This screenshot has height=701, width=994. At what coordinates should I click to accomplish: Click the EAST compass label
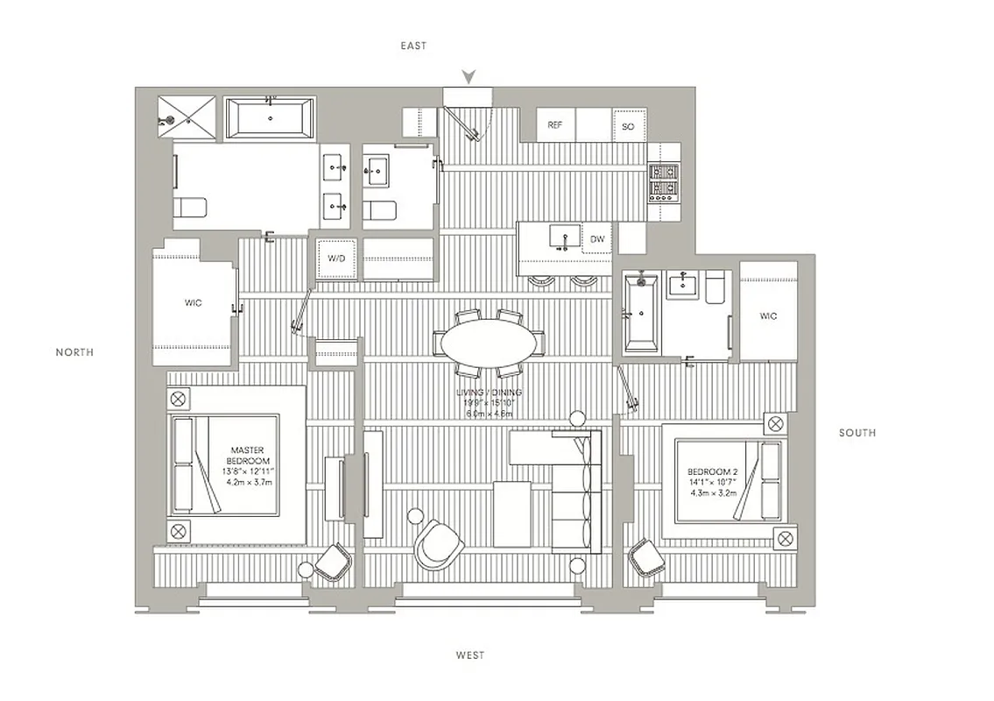point(413,46)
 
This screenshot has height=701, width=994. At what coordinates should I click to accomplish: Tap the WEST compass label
point(469,655)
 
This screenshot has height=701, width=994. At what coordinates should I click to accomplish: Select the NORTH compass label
point(74,352)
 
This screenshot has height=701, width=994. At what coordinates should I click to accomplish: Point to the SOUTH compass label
point(857,433)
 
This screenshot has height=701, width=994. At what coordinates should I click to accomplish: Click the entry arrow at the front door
point(469,77)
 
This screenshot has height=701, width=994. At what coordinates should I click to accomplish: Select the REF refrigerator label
point(554,125)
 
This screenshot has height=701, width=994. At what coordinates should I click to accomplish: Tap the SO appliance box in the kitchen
point(628,126)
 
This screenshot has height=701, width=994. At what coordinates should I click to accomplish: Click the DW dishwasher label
point(597,238)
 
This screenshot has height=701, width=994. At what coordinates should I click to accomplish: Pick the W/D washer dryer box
point(336,259)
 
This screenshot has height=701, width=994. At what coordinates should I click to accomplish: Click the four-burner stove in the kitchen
point(664,183)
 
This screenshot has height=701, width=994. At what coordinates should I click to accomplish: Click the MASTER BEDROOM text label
point(248,456)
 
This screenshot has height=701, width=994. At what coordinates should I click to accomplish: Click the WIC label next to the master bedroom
point(194,303)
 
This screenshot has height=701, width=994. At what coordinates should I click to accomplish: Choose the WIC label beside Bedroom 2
point(768,315)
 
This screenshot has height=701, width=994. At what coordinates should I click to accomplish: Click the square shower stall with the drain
point(187,116)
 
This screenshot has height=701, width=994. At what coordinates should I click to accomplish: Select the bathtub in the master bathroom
point(271,117)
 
